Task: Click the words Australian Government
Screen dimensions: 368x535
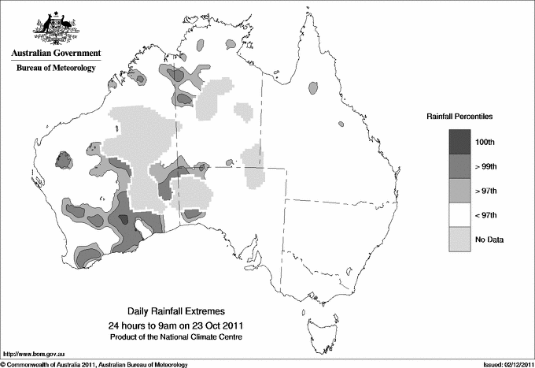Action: tap(56, 54)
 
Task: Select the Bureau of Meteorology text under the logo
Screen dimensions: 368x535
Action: tap(56, 69)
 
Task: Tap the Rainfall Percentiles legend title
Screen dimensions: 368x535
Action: tap(459, 116)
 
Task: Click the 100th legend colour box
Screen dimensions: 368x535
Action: tap(460, 141)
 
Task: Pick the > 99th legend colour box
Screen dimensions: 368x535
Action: tap(460, 166)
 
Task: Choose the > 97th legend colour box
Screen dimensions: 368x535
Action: tap(460, 191)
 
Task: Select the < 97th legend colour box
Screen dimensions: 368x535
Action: tap(460, 215)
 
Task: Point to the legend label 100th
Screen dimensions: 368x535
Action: tap(485, 142)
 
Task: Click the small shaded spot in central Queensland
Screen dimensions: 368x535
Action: tap(341, 123)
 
